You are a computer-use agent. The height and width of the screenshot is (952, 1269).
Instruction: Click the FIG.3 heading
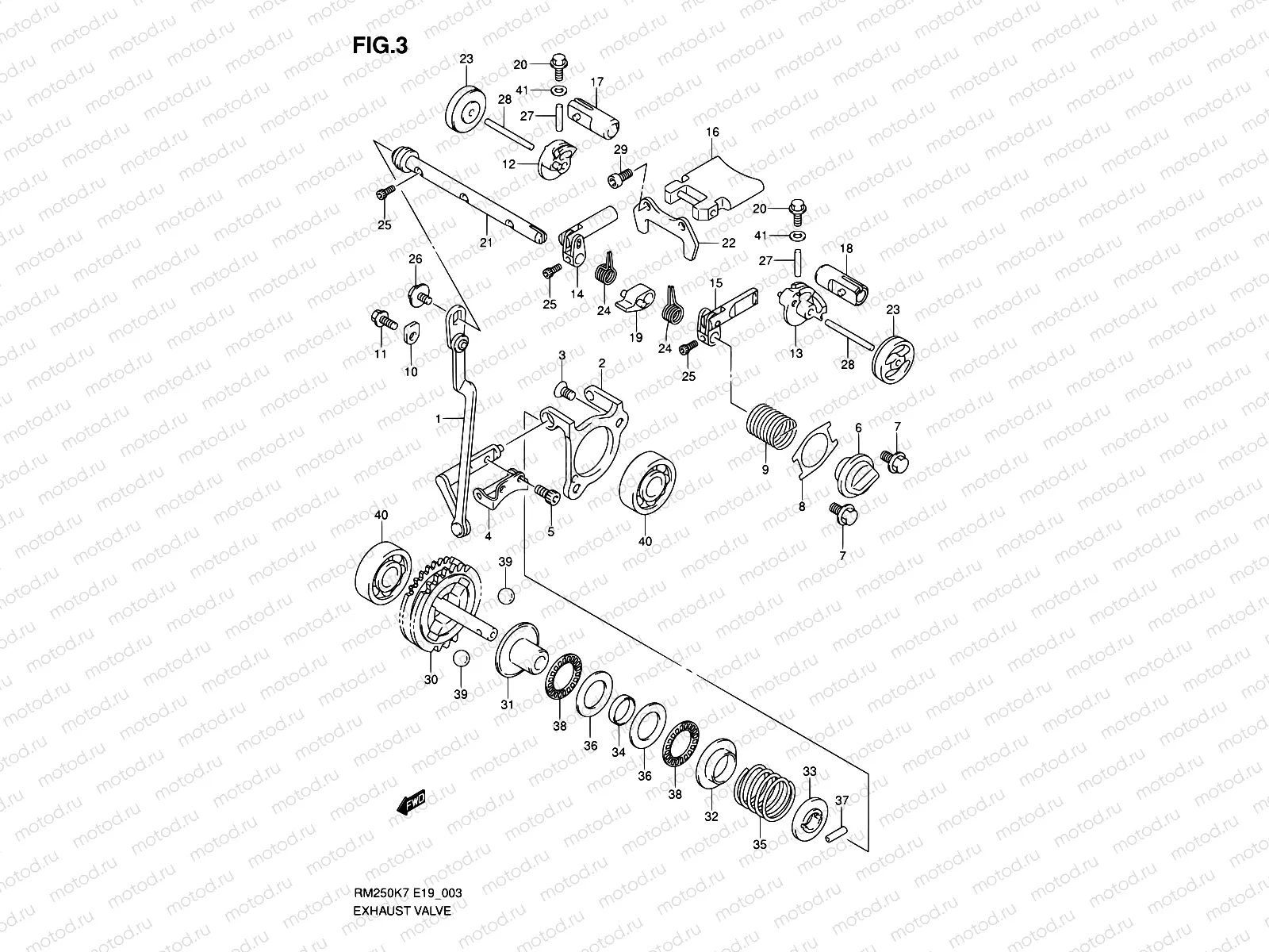(380, 45)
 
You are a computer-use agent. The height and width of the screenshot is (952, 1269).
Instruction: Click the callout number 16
(712, 132)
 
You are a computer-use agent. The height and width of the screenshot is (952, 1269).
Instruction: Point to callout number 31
(507, 704)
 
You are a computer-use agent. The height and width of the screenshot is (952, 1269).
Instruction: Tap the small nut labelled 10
(411, 333)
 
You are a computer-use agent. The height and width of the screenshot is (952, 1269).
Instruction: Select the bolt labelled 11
(385, 321)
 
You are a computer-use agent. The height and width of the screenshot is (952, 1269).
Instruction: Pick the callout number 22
(728, 244)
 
